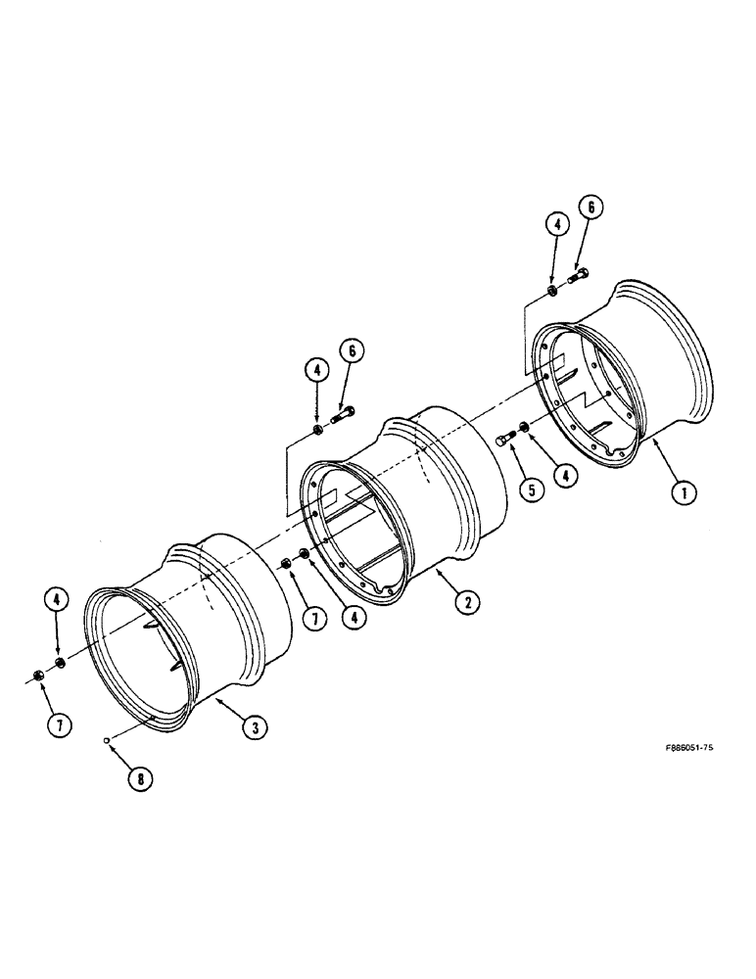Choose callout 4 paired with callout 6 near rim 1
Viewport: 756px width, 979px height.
click(555, 226)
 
